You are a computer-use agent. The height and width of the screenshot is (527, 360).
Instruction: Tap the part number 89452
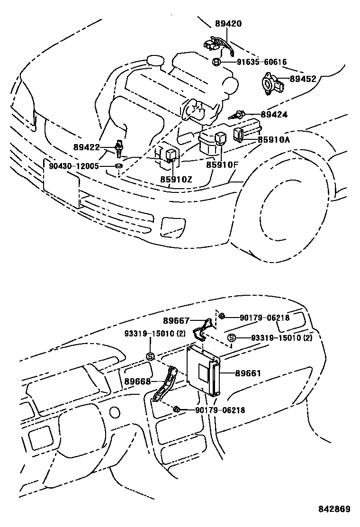[x=303, y=79]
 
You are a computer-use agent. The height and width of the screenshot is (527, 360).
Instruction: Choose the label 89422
[x=86, y=147]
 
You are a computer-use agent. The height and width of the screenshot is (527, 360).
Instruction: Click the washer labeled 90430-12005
[x=117, y=166]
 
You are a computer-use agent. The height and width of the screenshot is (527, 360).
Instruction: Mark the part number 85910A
[x=273, y=140]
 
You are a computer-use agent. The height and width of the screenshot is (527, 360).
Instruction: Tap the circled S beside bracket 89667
[x=232, y=338]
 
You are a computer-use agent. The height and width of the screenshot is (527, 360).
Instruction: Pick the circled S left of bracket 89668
[x=149, y=356]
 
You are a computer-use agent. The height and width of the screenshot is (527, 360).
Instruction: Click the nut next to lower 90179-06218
[x=176, y=410]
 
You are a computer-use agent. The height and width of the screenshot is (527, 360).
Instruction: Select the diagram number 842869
[x=333, y=509]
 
